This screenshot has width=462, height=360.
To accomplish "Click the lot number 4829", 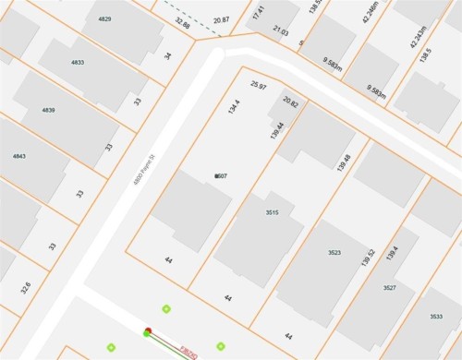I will tap(105, 19).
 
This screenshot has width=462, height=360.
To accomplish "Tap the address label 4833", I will tap(77, 63).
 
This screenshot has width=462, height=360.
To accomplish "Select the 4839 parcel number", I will tap(48, 110).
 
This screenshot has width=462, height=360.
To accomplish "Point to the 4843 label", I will tap(19, 156).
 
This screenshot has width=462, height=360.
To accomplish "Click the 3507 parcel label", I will tap(221, 175).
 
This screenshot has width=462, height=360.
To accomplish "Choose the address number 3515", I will tap(272, 212).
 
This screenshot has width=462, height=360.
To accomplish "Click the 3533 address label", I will tap(436, 317).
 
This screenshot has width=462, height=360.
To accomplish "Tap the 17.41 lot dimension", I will tap(259, 12).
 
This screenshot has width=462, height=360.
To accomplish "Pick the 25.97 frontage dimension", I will tap(259, 85).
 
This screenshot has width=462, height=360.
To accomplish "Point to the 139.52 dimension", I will tap(371, 259).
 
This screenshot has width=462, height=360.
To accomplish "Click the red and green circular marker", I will tap(147, 331).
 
